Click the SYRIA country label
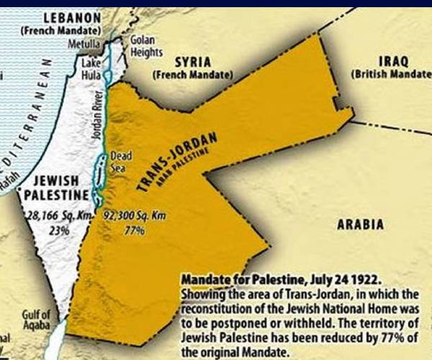pos(190,63)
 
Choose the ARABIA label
pos(360,225)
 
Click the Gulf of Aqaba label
pos(36,320)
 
